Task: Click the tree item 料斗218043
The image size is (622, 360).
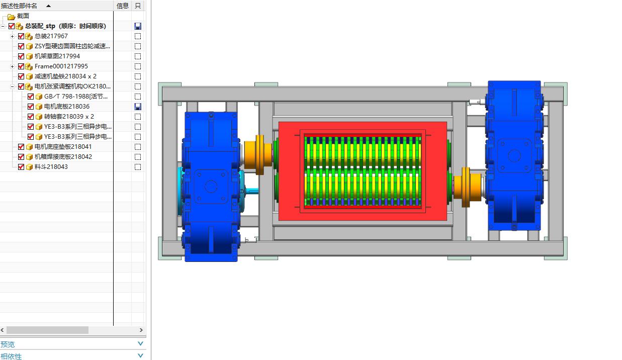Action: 51,167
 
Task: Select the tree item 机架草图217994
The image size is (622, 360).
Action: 57,56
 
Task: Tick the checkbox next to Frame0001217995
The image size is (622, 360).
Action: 21,66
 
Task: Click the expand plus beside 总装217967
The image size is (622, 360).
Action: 12,36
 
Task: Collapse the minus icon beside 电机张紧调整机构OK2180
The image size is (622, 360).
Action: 12,86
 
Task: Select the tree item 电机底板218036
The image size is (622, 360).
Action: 67,107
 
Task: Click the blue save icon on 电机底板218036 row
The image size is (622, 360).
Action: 138,107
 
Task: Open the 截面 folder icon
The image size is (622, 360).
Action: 11,17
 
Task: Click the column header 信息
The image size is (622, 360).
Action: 123,6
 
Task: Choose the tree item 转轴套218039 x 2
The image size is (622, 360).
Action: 69,117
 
